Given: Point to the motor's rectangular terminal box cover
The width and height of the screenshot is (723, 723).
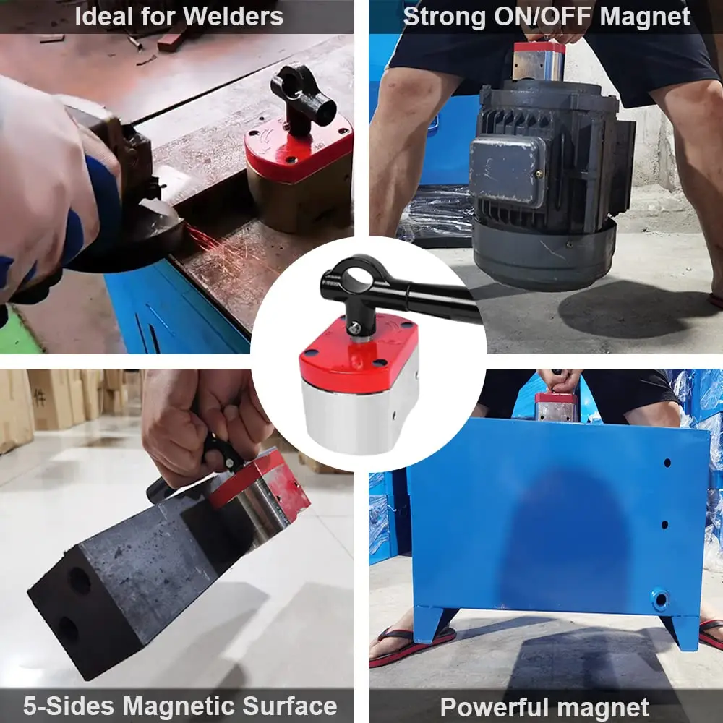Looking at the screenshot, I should [x=506, y=170].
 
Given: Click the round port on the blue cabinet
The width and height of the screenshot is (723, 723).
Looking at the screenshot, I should [x=659, y=599].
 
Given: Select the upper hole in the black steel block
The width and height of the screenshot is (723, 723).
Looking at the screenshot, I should [x=80, y=581].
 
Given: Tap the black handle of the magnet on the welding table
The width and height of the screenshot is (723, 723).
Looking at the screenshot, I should [x=302, y=94].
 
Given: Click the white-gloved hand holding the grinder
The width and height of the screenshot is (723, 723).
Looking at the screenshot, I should [x=43, y=181].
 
